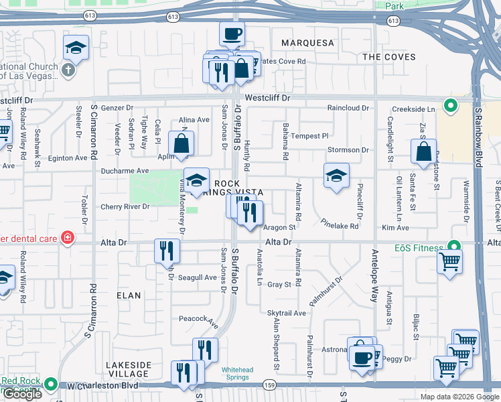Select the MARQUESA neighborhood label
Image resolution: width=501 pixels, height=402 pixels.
point(307,43)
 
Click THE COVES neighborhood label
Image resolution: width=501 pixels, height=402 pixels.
point(389,57)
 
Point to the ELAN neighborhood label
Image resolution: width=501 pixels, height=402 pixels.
point(129,295)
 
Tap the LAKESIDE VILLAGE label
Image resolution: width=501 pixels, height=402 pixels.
point(129,369)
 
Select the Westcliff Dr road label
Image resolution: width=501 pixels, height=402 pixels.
point(267,98)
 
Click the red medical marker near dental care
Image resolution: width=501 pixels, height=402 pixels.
point(67,237)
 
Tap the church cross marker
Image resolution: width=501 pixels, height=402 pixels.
point(68,70)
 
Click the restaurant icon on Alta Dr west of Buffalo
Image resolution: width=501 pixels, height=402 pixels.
point(166,251)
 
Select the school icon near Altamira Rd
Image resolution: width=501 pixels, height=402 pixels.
point(336,176)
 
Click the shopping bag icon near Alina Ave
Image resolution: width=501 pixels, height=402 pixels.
point(182,143)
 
